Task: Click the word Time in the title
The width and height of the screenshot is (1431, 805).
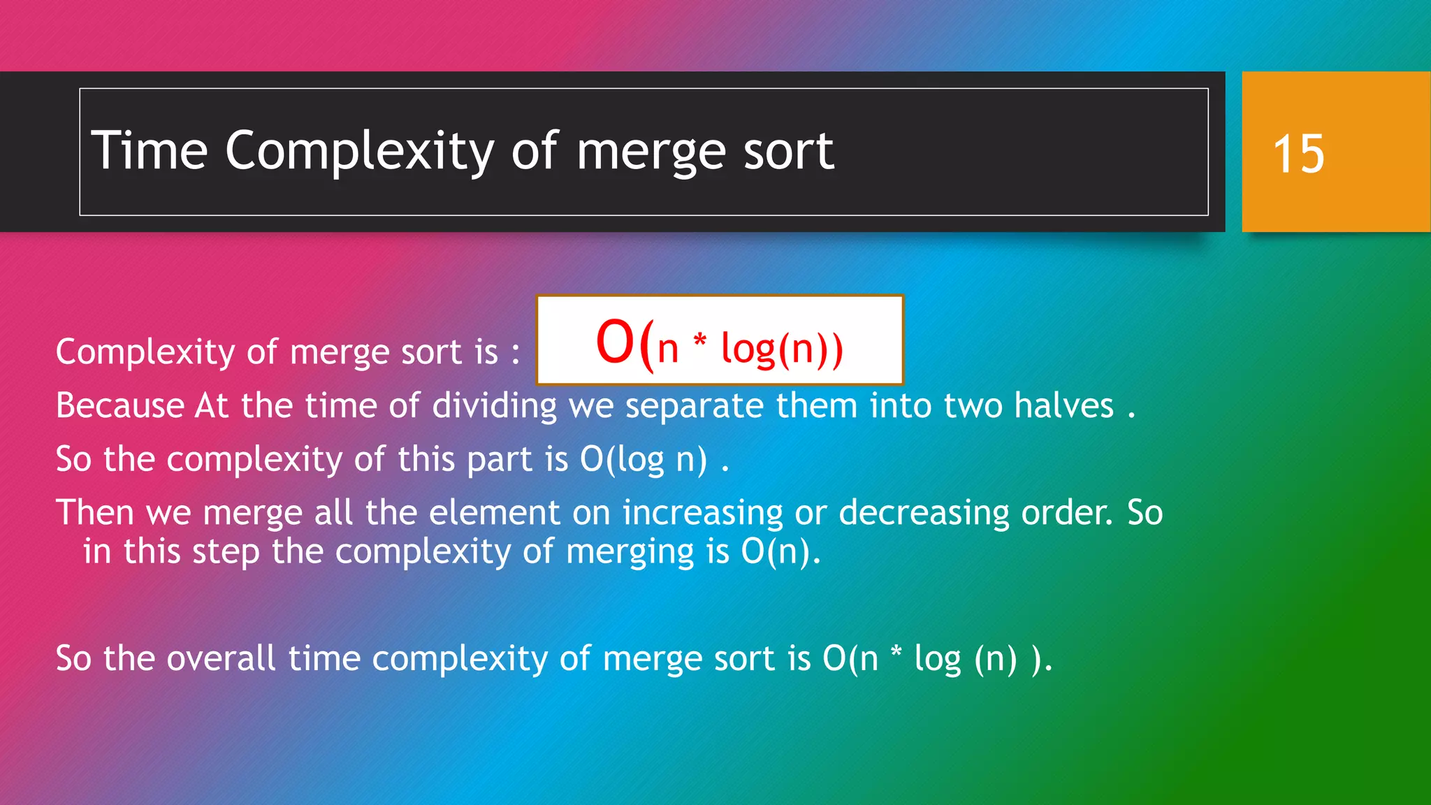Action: click(x=150, y=150)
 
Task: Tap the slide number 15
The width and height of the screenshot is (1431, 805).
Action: click(x=1298, y=154)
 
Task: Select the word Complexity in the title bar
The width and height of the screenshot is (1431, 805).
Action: click(x=359, y=152)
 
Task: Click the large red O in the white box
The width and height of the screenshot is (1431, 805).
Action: click(x=615, y=342)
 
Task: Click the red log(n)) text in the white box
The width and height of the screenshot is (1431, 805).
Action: click(x=782, y=349)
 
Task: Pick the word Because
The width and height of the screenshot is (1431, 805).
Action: click(x=119, y=405)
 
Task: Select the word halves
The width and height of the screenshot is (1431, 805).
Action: click(x=1063, y=405)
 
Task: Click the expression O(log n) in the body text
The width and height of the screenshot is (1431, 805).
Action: click(x=643, y=460)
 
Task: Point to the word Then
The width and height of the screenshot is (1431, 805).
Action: click(x=94, y=512)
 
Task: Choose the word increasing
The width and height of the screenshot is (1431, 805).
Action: click(x=703, y=514)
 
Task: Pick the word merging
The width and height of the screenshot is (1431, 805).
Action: click(x=630, y=553)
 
